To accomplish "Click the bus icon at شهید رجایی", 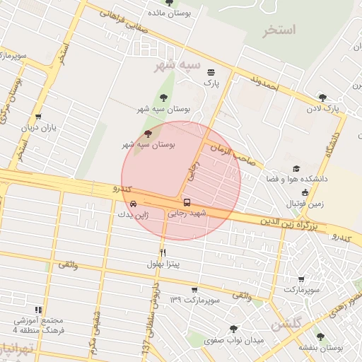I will click(187, 203).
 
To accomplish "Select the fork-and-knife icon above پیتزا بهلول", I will click(163, 252).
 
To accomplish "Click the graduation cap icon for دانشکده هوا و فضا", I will click(296, 169).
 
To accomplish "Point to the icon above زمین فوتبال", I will click(305, 192).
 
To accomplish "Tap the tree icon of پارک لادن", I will click(323, 98).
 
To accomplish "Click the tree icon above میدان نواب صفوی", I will click(233, 329).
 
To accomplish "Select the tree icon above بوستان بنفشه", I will click(320, 337).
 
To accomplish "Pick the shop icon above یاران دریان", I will click(37, 117).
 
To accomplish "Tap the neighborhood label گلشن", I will click(286, 325).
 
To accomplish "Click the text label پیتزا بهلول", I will click(164, 264).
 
